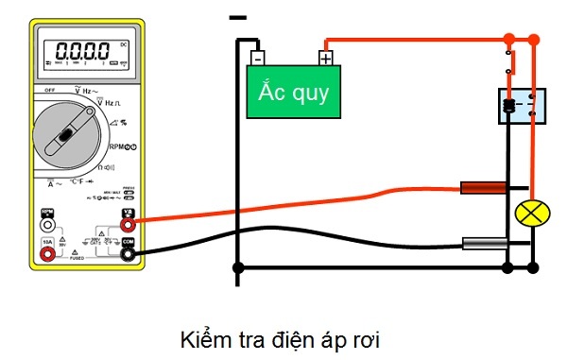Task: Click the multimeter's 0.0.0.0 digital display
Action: tap(87, 52)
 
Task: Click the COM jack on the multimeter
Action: tap(128, 243)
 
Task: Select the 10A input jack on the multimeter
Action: tap(47, 243)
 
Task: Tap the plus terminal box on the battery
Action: tap(325, 57)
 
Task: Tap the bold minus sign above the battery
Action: tap(238, 17)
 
